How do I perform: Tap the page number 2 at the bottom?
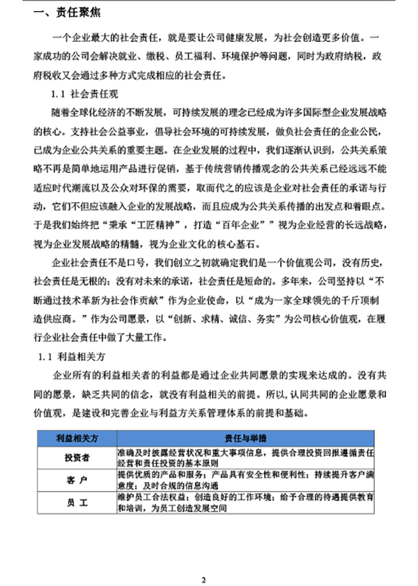(204, 560)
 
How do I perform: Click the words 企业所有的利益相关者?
(98, 376)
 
